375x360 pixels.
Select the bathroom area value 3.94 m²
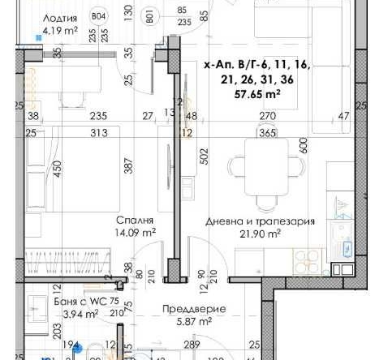[x=59, y=314]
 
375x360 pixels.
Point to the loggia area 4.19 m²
[x=59, y=32]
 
